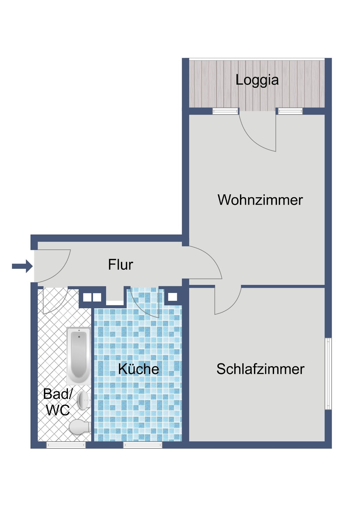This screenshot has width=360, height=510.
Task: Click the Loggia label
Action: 257,80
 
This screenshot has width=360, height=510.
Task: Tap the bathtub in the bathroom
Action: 78,355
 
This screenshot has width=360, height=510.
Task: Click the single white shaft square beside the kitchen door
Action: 173,297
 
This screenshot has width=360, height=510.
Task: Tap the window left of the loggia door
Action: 225,111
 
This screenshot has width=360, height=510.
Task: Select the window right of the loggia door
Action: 290,111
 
